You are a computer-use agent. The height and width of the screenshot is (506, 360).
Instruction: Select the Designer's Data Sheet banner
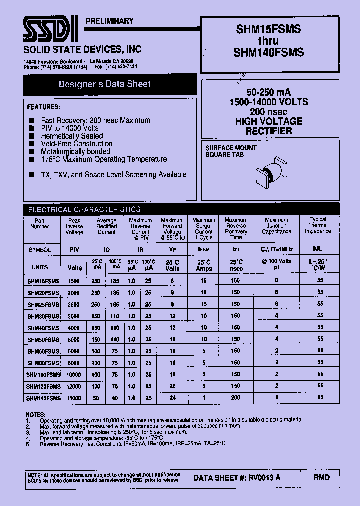click(104, 84)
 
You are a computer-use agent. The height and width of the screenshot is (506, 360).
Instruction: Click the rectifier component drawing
click(270, 173)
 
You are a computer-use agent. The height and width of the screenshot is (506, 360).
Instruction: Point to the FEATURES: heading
click(43, 107)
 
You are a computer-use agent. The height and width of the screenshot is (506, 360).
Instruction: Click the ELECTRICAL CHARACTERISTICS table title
click(84, 210)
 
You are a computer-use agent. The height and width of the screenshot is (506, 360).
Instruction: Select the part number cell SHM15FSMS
click(42, 280)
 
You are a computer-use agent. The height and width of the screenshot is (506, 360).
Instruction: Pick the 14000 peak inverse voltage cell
click(73, 398)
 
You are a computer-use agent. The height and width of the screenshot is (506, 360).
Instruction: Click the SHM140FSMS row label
click(43, 398)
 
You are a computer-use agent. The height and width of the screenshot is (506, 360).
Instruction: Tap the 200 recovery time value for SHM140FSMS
click(235, 398)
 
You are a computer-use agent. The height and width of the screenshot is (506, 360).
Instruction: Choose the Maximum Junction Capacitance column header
click(276, 226)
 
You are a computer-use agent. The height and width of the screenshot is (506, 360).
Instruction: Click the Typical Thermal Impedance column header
click(318, 225)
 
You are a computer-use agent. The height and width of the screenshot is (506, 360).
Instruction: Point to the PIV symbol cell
click(73, 249)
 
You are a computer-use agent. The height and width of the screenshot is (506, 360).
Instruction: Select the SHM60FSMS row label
click(43, 351)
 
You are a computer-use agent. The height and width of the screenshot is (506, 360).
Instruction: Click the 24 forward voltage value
click(172, 398)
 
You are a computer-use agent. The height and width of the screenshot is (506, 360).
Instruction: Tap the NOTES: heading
click(36, 414)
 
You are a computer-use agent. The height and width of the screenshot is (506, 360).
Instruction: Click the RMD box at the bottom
click(321, 478)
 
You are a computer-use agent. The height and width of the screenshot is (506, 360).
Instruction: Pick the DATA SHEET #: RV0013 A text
click(237, 478)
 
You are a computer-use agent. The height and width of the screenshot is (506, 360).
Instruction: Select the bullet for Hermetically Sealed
click(31, 136)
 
